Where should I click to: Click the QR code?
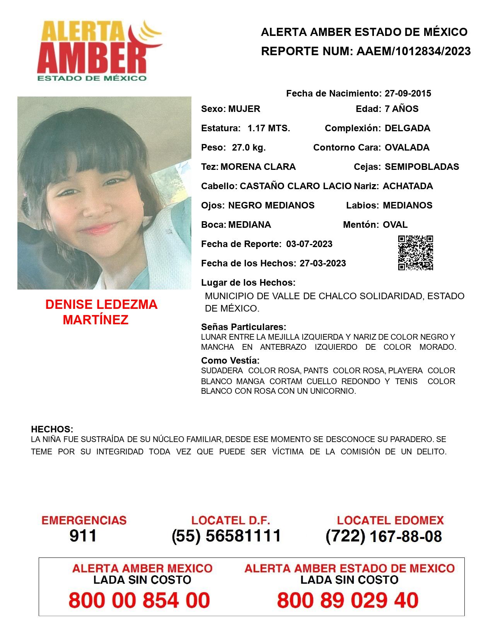pos(416,253)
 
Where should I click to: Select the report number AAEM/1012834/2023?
pos(413,51)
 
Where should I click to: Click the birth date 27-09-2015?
pos(408,93)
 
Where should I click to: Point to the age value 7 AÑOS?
pos(401,109)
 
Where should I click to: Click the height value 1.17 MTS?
pos(269,128)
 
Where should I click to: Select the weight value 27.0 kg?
pos(249,147)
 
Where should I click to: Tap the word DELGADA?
pos(407,128)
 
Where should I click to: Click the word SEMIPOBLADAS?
pos(422,167)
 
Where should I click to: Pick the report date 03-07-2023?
pos(309,244)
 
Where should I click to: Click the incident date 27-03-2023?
pos(322,263)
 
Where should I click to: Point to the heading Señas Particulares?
pos(244,327)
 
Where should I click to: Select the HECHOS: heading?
pos(52,429)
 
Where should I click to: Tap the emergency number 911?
pos(83,536)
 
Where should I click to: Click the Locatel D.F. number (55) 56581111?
pos(227,536)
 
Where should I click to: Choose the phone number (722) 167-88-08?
pos(384,536)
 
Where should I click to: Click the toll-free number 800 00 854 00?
pos(139,600)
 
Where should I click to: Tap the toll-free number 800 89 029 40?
pos(348,600)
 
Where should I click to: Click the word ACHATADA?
pos(408,186)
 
